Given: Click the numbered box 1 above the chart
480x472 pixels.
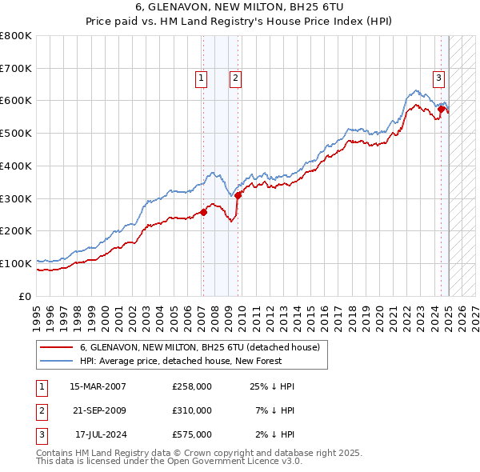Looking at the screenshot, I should (200, 78).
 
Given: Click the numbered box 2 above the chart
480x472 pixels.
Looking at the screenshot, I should (236, 78).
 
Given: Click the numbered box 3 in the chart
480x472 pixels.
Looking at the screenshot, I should (439, 78).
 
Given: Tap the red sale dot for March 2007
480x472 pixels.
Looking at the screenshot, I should (203, 212).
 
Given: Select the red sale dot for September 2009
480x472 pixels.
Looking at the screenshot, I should (238, 195).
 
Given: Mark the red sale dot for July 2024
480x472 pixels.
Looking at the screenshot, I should (441, 109).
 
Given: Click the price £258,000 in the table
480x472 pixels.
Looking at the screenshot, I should (192, 386).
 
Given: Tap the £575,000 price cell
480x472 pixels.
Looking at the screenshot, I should (192, 434).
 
